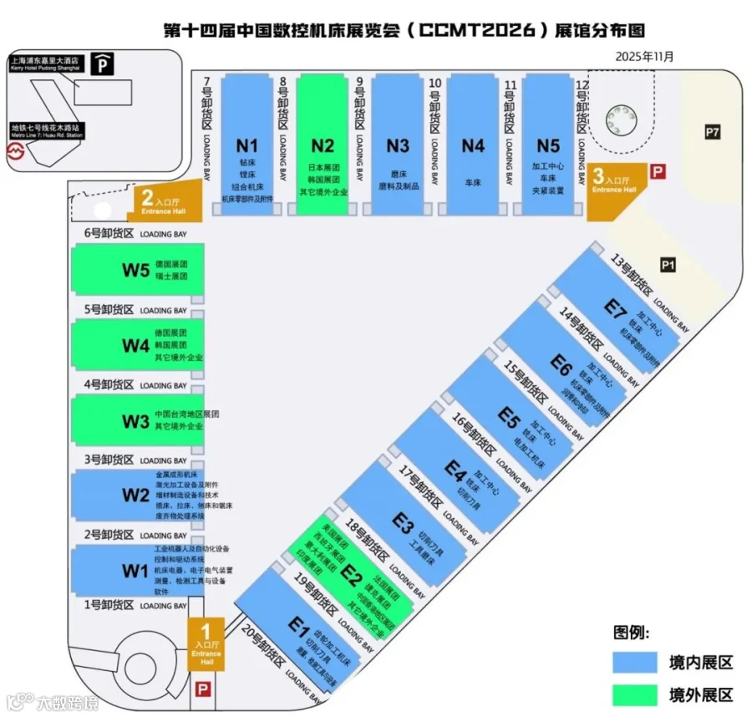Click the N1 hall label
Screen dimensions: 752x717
pyautogui.click(x=248, y=145)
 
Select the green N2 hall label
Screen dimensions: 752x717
pyautogui.click(x=323, y=145)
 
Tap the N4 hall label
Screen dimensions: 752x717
pyautogui.click(x=473, y=145)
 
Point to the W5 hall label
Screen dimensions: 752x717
pyautogui.click(x=135, y=271)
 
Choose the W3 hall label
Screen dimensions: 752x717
pyautogui.click(x=135, y=421)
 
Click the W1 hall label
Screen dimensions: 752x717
pyautogui.click(x=135, y=571)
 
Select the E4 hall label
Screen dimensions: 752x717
pyautogui.click(x=455, y=470)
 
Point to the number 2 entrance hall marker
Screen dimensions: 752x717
pyautogui.click(x=147, y=199)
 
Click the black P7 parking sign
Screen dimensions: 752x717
pyautogui.click(x=713, y=132)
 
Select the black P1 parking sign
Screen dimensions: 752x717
pyautogui.click(x=668, y=265)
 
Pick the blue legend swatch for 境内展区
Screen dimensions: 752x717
pyautogui.click(x=635, y=663)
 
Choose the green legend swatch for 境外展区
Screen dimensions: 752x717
pyautogui.click(x=635, y=694)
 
